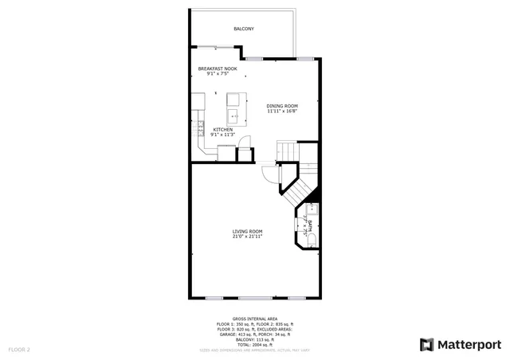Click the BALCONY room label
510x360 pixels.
[244, 29]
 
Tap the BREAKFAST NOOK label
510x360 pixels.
[218, 69]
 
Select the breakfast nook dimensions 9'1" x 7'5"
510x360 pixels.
[218, 74]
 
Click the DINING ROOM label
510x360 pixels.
[282, 106]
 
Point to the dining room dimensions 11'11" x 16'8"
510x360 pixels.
[282, 112]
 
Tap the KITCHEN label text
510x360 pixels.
[222, 129]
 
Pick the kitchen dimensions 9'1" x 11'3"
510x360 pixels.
[222, 135]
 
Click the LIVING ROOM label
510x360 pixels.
[247, 231]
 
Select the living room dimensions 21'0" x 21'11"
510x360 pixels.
[247, 237]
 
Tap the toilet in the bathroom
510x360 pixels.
[312, 239]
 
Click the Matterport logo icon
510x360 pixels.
[427, 344]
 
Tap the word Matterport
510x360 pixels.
[469, 344]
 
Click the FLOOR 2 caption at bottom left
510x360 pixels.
[19, 349]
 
